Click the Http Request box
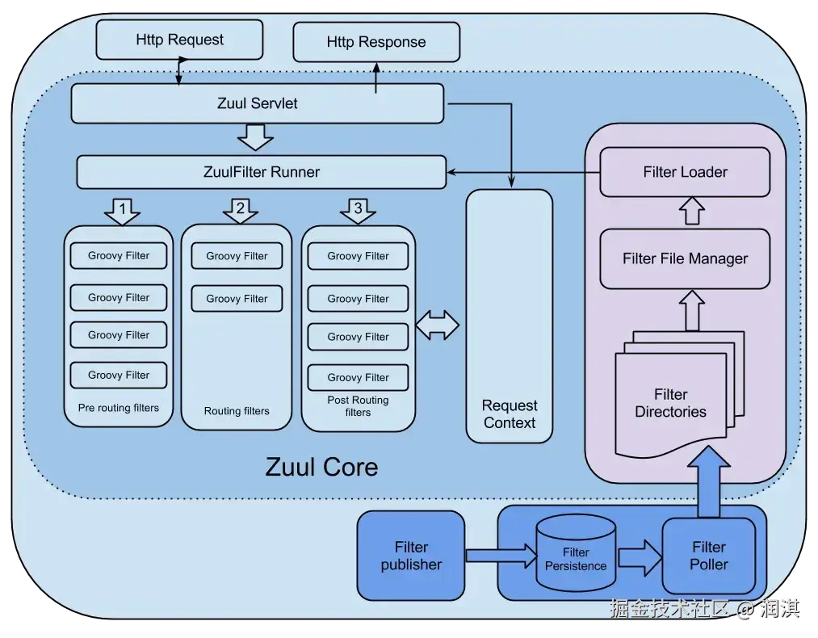point(179,40)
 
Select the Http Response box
point(375,42)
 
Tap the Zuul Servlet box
point(257,103)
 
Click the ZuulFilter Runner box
point(261,172)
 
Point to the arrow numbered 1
point(122,211)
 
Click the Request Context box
point(510,315)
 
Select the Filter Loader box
point(685,172)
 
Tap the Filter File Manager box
point(685,259)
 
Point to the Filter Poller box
point(708,556)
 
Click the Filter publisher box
point(411,556)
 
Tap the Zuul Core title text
point(321,467)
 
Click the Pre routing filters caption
point(119,408)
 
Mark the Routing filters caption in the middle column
point(237,411)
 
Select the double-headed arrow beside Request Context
point(437,325)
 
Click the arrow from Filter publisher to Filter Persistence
point(501,555)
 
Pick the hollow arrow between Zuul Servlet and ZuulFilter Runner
point(257,137)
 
